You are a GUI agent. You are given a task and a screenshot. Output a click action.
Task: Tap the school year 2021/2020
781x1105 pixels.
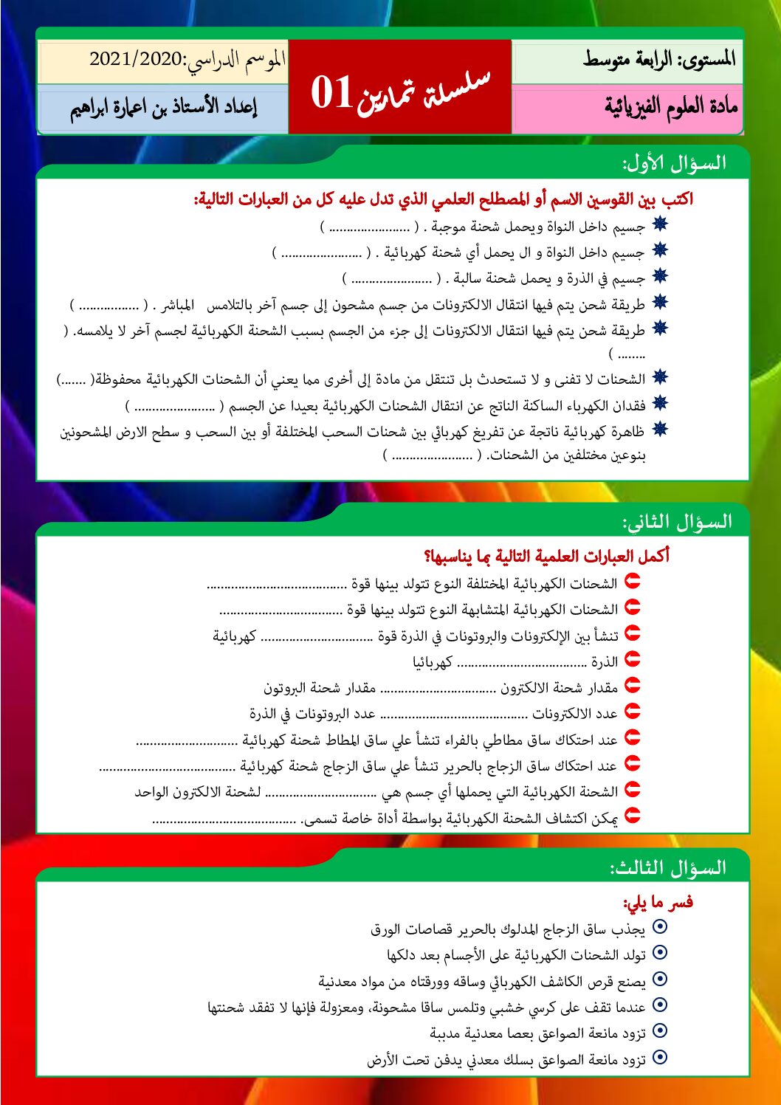coord(135,59)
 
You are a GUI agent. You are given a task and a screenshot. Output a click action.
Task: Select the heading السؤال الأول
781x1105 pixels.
coord(673,163)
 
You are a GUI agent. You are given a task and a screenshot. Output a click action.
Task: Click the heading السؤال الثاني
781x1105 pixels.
coord(677,522)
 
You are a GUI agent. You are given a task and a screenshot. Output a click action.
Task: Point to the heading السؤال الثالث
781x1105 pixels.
coord(668,867)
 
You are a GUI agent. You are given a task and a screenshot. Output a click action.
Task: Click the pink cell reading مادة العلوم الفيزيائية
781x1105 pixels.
coord(670,108)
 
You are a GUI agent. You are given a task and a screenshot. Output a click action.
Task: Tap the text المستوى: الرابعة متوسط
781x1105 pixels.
coord(659,59)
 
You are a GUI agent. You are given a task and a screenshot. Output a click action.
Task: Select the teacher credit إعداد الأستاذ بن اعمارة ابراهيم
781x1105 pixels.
coord(163,108)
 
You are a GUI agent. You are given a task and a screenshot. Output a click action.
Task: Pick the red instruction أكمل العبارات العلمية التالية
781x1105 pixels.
coord(546,556)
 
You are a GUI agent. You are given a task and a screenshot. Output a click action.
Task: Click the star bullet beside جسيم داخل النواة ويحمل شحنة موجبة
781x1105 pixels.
coord(659,225)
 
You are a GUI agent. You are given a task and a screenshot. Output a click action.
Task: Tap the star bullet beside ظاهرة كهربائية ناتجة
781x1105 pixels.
coord(659,429)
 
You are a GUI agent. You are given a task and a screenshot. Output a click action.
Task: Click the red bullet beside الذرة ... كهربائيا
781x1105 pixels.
coord(632,660)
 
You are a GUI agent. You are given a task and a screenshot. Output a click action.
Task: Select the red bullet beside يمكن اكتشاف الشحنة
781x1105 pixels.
coord(632,816)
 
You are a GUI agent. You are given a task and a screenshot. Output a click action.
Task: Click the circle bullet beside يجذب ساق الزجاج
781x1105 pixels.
coord(660,927)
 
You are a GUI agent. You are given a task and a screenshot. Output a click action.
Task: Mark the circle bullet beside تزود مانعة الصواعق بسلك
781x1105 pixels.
coord(660,1058)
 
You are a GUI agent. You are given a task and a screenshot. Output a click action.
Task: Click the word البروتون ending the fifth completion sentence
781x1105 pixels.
coord(284,688)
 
